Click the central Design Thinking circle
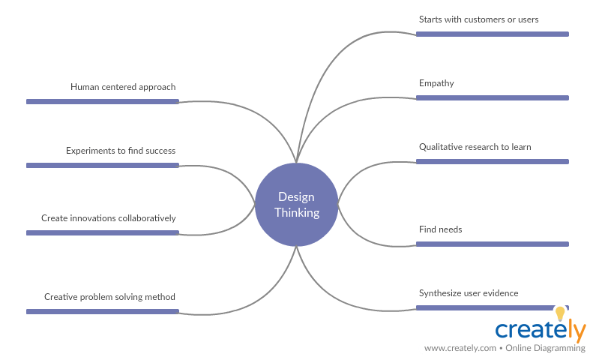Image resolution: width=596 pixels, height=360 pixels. point(296,204)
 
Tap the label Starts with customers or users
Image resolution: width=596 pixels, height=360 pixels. point(478,19)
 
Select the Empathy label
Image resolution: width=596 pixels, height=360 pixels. point(436,83)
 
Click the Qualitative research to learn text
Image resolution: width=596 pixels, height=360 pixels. point(475,147)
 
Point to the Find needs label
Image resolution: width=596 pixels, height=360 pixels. point(440,229)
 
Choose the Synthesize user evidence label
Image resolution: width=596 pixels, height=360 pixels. point(469,293)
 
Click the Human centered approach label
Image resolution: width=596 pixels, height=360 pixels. point(123,87)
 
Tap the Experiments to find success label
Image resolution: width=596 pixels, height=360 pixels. point(121,151)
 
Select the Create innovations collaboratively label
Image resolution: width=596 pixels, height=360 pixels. point(109,218)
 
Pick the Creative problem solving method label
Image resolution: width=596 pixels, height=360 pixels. point(109,297)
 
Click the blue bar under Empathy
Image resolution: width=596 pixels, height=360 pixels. point(492,97)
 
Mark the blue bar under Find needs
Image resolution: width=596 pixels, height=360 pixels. point(492,244)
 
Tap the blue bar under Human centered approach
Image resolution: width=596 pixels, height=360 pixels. point(103,101)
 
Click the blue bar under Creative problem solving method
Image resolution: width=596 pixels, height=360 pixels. point(103,311)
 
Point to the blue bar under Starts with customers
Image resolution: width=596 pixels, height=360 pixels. point(492,34)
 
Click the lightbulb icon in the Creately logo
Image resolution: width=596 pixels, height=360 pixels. point(559,313)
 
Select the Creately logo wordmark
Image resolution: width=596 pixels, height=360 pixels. point(540,331)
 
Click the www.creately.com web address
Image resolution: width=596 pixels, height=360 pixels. point(460,349)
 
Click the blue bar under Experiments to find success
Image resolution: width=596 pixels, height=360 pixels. point(103,165)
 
